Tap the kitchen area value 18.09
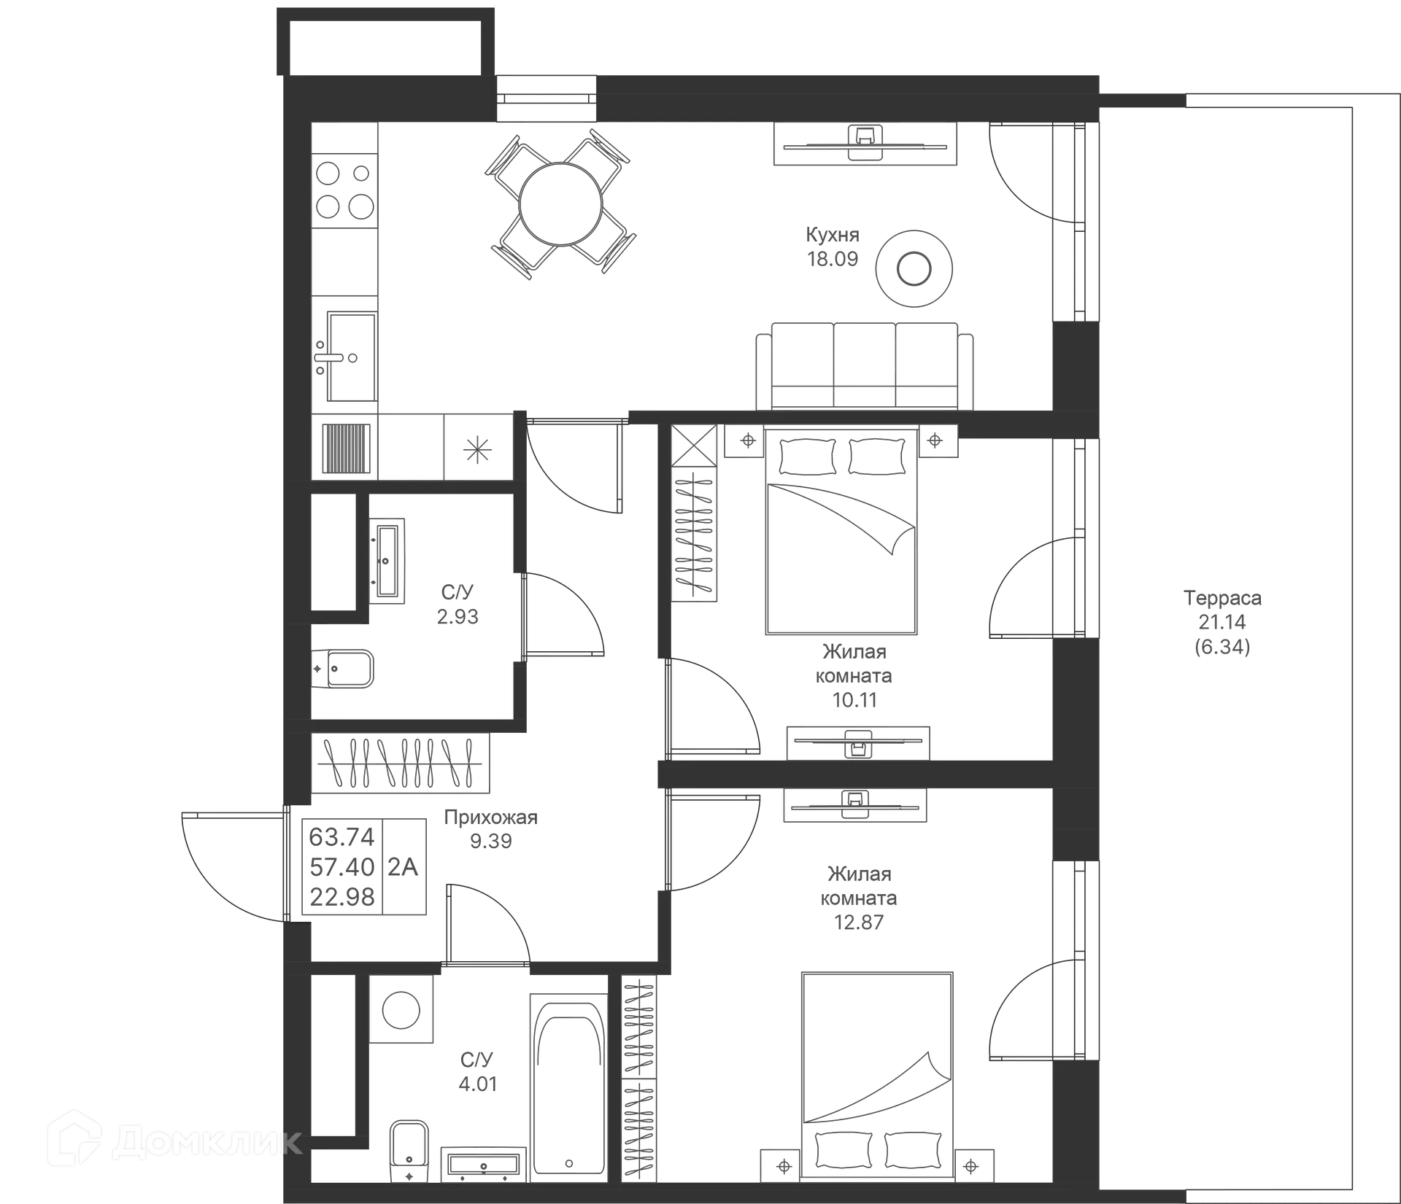click(x=833, y=259)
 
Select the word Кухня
click(x=833, y=236)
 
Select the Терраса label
click(x=1223, y=598)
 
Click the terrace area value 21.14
click(x=1223, y=622)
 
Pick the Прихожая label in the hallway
click(x=491, y=818)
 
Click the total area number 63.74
click(x=341, y=836)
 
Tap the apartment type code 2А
click(x=403, y=866)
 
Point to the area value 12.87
click(x=858, y=922)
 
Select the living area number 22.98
click(x=341, y=896)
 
